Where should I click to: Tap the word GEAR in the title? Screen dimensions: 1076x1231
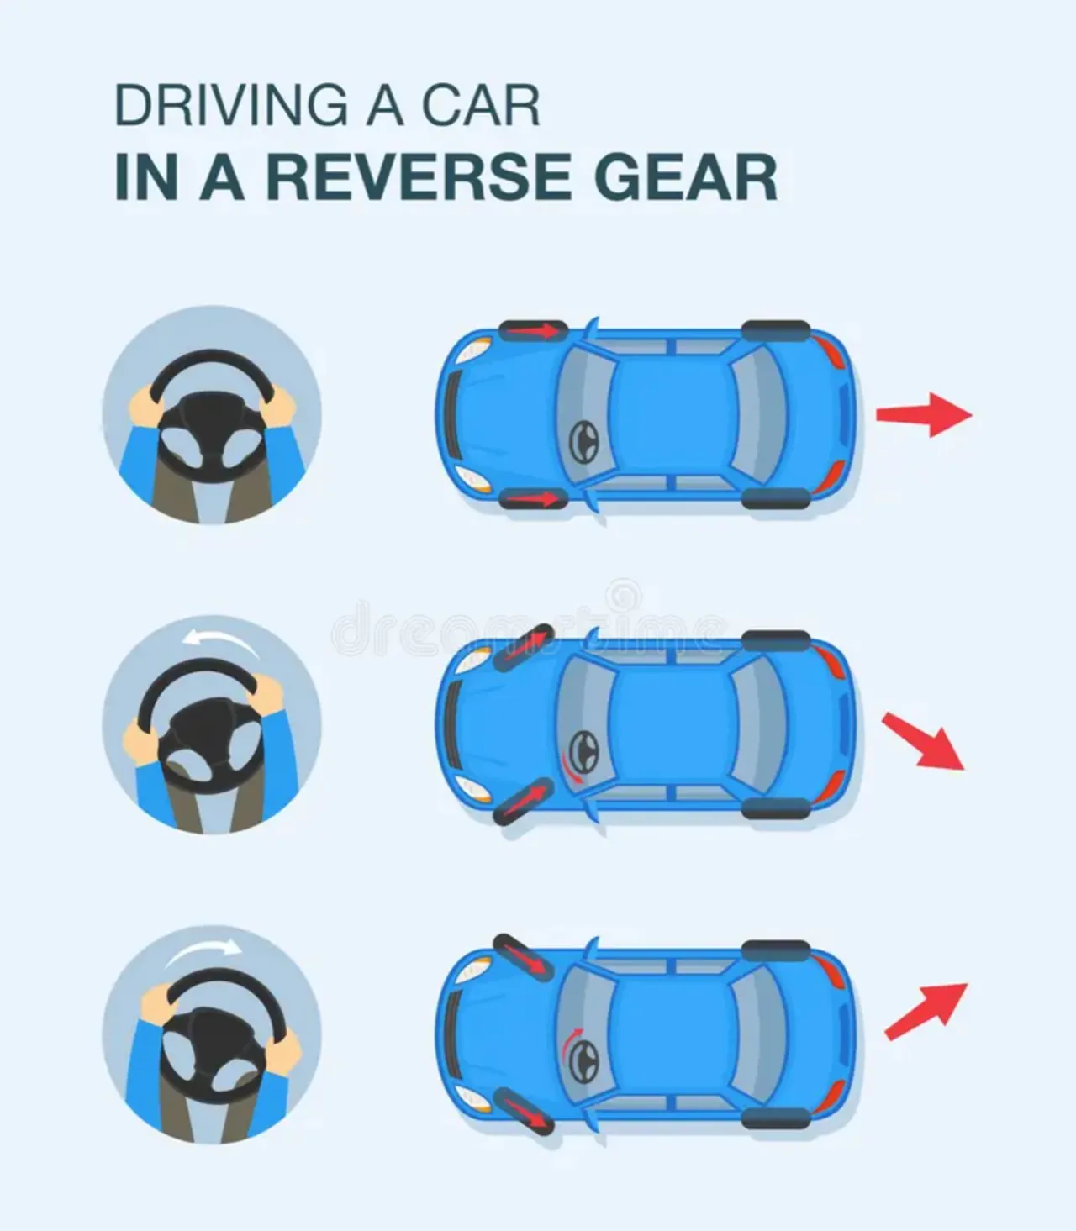tap(685, 177)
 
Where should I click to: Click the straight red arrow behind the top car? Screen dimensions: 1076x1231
tap(924, 414)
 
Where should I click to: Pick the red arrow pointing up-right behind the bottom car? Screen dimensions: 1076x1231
tap(926, 1011)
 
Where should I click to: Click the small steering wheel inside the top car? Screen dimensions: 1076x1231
tap(583, 442)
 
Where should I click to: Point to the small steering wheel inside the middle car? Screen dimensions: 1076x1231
tap(583, 751)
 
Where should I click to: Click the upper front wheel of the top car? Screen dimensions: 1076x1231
tap(533, 329)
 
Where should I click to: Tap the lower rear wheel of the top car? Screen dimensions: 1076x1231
tap(776, 498)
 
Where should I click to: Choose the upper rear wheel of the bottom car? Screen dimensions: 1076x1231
tap(776, 950)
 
